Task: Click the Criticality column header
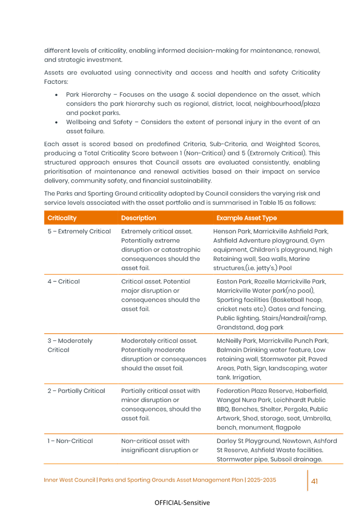pos(62,218)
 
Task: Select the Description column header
pos(139,218)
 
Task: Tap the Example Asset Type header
pos(243,218)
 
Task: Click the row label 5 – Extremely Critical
pos(79,231)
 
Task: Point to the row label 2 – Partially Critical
pos(76,391)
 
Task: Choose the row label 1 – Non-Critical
pos(70,441)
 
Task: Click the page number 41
pos(314,481)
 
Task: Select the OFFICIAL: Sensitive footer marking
pos(182,503)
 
